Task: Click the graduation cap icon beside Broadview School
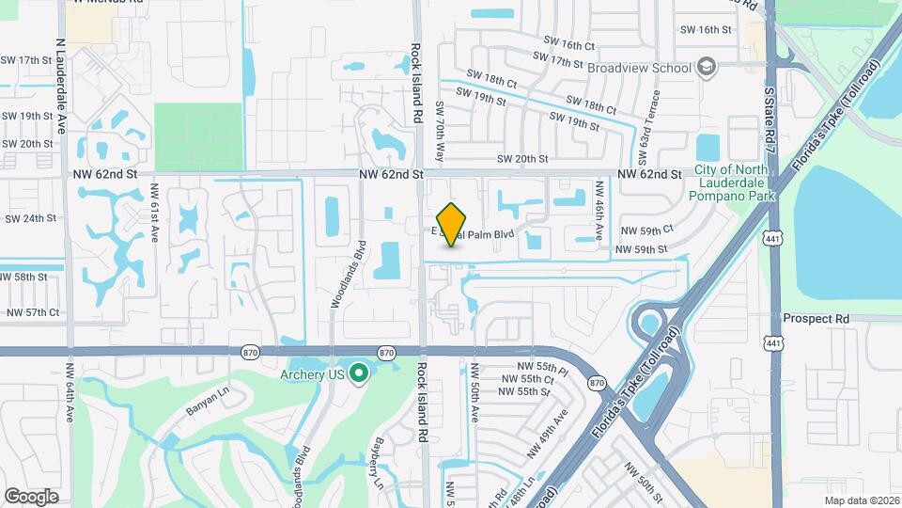pos(707,67)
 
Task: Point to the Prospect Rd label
pos(816,319)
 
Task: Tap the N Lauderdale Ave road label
pos(61,85)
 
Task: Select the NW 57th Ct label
pos(33,312)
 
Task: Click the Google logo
pos(31,496)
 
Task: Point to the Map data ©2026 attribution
pos(861,500)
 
